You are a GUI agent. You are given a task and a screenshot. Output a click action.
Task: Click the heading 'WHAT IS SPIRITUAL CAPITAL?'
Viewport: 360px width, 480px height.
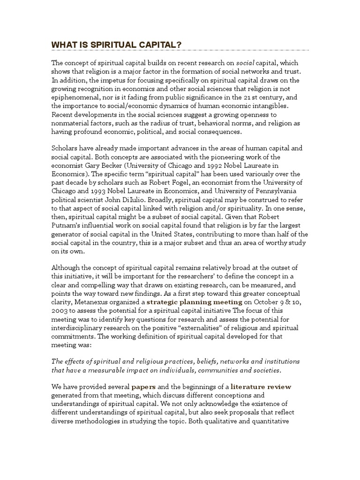116,45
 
